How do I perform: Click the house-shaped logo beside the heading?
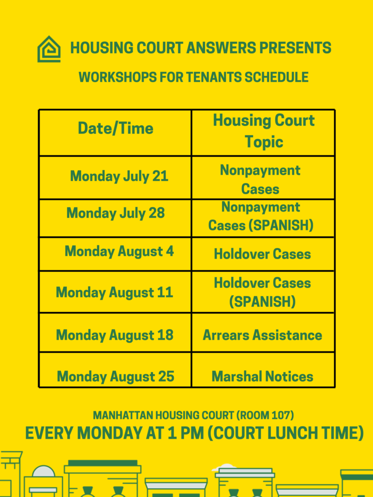coord(49,49)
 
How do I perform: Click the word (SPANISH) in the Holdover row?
coord(262,302)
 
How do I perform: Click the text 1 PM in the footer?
coord(186,433)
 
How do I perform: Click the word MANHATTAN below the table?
coord(119,415)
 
